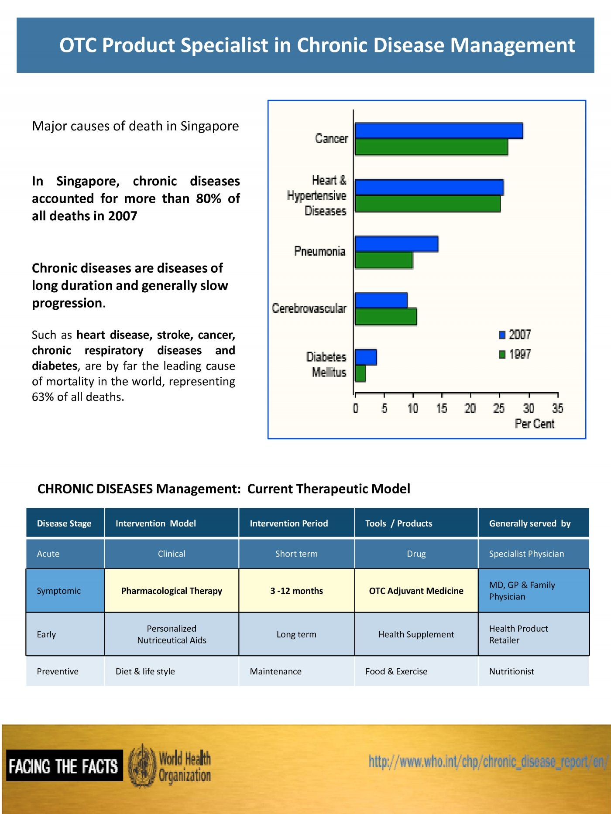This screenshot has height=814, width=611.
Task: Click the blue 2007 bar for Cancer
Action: pos(439,131)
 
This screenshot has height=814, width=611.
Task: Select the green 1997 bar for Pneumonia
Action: pos(384,260)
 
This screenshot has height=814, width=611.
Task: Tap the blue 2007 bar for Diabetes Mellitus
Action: pos(366,357)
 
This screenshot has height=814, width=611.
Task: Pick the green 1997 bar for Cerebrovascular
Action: pos(386,317)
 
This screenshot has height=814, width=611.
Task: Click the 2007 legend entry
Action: pos(515,335)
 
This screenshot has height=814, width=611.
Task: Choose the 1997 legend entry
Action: pos(515,354)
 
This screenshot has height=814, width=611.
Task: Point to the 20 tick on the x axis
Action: pos(470,408)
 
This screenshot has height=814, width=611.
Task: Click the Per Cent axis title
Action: pos(535,424)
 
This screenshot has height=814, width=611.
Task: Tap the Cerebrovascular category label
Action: pos(309,308)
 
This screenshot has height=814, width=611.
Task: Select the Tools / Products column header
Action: pos(399,523)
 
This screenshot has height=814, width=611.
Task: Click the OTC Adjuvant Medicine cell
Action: pos(416,591)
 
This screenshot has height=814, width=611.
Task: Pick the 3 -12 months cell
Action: pos(297,591)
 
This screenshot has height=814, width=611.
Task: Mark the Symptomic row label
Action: pos(59,591)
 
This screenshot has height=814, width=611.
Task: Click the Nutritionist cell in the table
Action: pos(511,671)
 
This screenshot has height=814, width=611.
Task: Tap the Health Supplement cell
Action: pos(416,635)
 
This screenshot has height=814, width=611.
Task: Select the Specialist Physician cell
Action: pos(526,554)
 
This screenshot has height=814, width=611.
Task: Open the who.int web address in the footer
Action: pos(488,762)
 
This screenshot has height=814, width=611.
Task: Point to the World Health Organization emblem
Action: pos(142,766)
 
